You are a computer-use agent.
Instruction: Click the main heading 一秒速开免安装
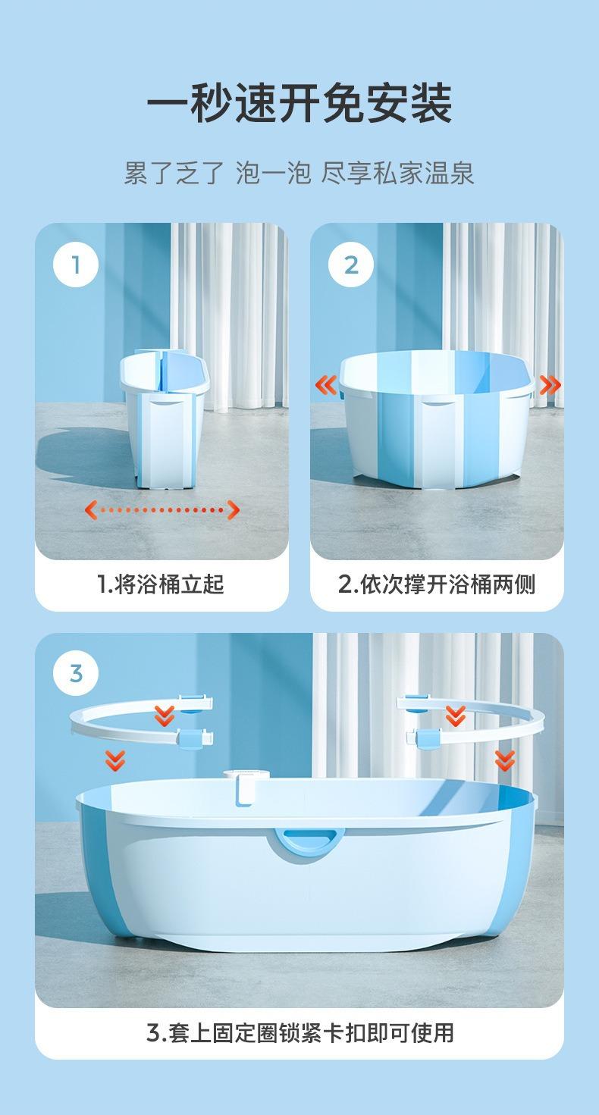tap(299, 103)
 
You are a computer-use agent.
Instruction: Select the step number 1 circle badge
tap(76, 265)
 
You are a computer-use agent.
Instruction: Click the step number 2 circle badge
tap(351, 265)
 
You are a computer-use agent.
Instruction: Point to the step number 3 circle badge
tap(76, 674)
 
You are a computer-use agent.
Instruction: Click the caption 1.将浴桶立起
tap(161, 584)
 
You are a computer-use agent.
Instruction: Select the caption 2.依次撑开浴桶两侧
tap(437, 584)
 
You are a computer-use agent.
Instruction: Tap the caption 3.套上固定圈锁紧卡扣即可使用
tap(300, 1033)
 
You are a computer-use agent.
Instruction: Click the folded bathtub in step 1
tap(165, 418)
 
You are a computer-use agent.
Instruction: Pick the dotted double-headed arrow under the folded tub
tap(162, 509)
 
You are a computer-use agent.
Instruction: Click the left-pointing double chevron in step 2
tap(327, 385)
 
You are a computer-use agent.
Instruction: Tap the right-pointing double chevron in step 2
tap(550, 385)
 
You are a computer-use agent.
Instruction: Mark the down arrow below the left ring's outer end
tap(115, 761)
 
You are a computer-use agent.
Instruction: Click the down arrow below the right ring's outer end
tap(505, 761)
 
